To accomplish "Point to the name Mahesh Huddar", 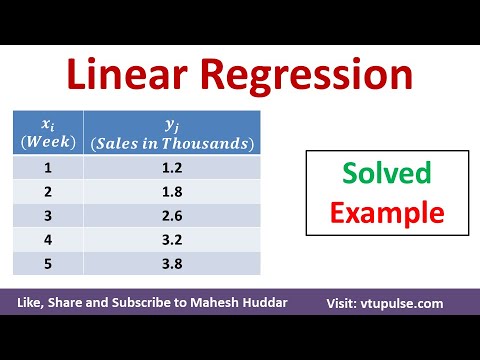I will [x=255, y=303].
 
